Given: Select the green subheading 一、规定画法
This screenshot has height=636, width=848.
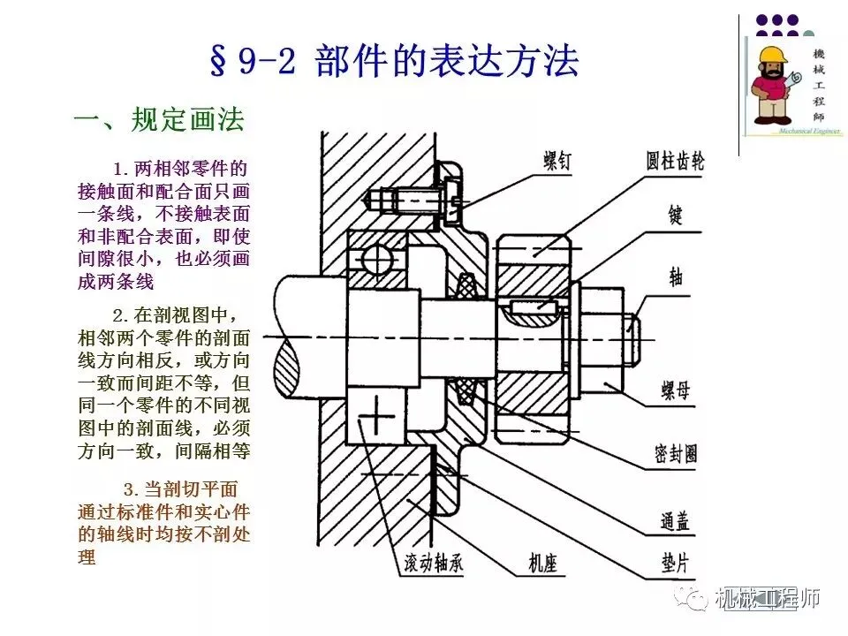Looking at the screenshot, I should coord(158,119).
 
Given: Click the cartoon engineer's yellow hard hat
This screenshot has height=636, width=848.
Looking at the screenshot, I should coord(769,55).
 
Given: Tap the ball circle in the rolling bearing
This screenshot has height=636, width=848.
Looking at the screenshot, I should coord(372,258).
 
